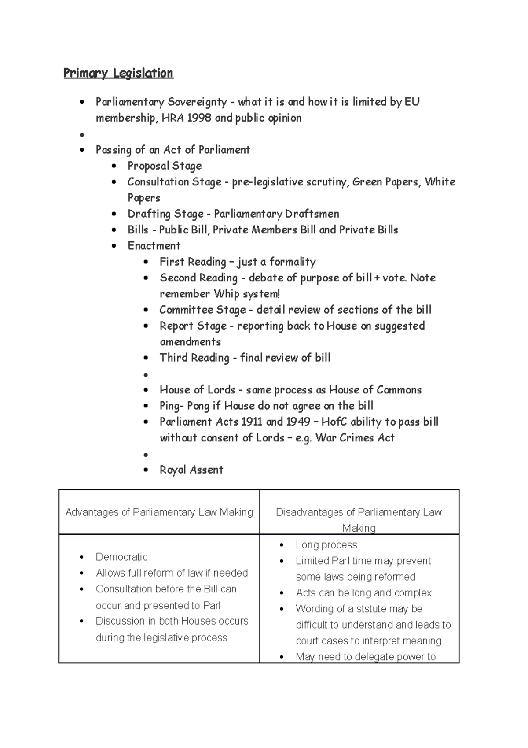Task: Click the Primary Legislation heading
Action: coord(118,73)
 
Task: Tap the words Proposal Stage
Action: coord(165,166)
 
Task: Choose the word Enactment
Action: coord(154,246)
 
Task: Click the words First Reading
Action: coord(193,262)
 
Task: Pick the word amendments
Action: coord(190,342)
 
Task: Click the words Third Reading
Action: coord(194,358)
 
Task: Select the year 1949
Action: coord(298,422)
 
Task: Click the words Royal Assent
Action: coord(191,470)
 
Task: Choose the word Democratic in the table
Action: coord(121,557)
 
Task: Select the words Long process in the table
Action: coord(326,545)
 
